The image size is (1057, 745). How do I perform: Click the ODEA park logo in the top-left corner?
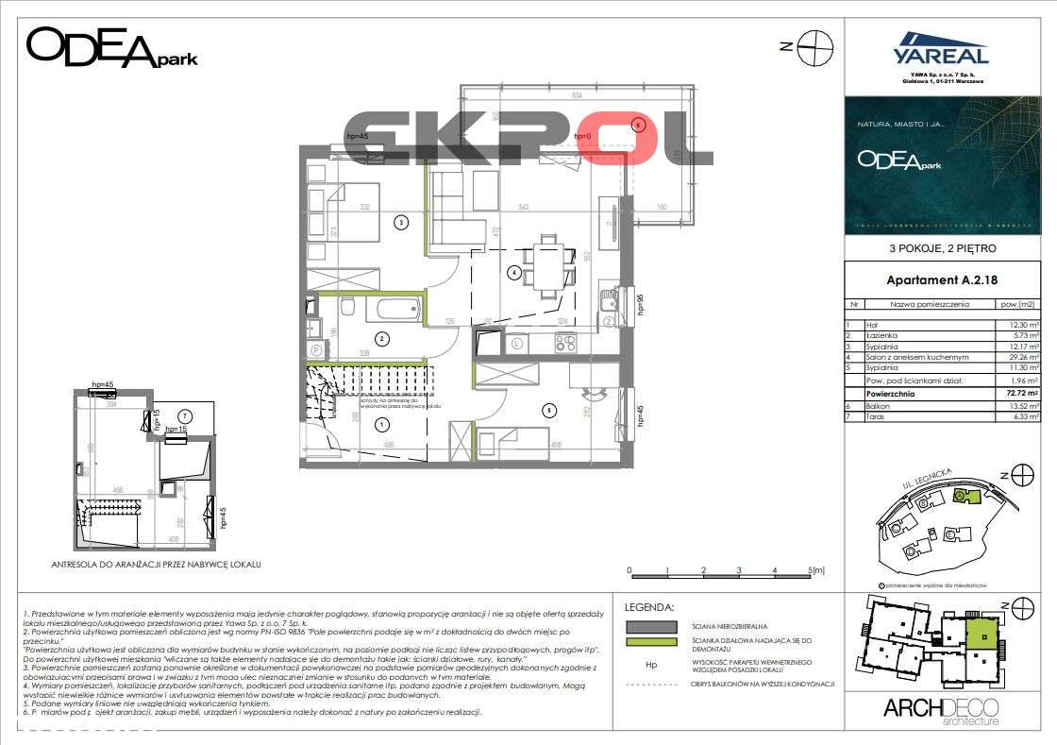click(x=111, y=47)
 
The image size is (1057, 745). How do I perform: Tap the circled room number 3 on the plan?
click(x=401, y=223)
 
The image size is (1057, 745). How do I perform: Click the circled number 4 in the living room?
click(x=513, y=273)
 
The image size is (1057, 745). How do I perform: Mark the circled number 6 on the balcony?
click(x=638, y=124)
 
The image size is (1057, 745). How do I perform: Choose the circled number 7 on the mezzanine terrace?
click(x=185, y=415)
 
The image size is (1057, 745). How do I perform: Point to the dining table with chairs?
click(x=548, y=262)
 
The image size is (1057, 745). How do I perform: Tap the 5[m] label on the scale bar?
click(x=817, y=570)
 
